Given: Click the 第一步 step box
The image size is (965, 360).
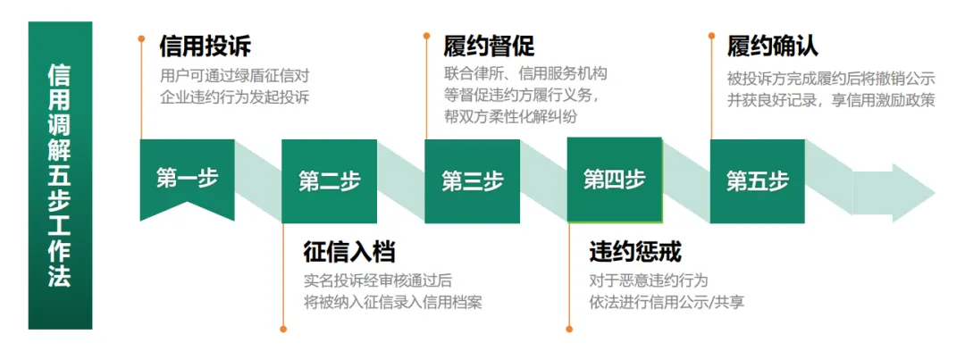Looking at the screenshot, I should click(x=187, y=178).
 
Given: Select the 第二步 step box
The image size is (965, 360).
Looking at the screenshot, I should click(x=329, y=181).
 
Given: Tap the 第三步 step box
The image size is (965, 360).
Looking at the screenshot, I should click(x=472, y=181).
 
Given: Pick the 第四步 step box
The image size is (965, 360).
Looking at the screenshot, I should click(x=614, y=180).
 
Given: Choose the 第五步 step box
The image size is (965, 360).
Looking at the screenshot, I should click(x=757, y=181).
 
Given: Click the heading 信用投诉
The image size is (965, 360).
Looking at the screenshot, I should click(x=205, y=46).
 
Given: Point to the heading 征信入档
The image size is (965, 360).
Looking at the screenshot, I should click(x=349, y=252).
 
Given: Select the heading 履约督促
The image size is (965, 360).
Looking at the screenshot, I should click(x=490, y=46).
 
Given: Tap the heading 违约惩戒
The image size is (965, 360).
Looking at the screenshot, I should click(x=635, y=252).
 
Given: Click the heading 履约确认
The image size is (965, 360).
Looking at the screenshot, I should click(x=773, y=46).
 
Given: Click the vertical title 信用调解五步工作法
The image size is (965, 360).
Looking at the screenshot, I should click(x=60, y=175).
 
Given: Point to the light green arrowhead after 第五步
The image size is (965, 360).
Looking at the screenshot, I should click(x=902, y=191).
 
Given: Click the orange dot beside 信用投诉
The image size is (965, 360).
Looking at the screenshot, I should click(x=141, y=38).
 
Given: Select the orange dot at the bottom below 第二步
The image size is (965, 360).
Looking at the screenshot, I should click(x=283, y=329).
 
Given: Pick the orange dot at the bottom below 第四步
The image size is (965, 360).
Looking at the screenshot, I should click(x=568, y=329).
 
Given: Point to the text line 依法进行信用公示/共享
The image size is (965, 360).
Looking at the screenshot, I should click(x=667, y=302).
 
